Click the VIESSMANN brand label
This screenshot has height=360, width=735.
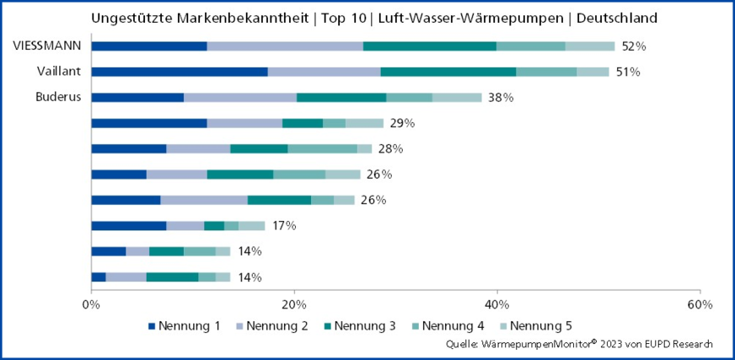tap(47, 46)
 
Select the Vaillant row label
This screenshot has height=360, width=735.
tap(59, 72)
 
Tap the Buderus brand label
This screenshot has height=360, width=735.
tap(58, 97)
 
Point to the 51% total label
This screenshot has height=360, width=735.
tap(628, 72)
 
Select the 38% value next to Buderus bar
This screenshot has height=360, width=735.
tap(501, 97)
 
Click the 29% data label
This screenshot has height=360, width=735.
tap(402, 123)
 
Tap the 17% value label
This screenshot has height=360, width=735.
tap(284, 225)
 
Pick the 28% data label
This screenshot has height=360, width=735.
tap(391, 148)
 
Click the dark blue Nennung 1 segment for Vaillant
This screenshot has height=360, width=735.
tap(179, 72)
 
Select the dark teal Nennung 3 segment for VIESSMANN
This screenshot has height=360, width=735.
tap(430, 46)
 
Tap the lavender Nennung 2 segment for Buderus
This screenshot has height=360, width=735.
tap(240, 97)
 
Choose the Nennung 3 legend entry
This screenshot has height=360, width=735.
tap(361, 326)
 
